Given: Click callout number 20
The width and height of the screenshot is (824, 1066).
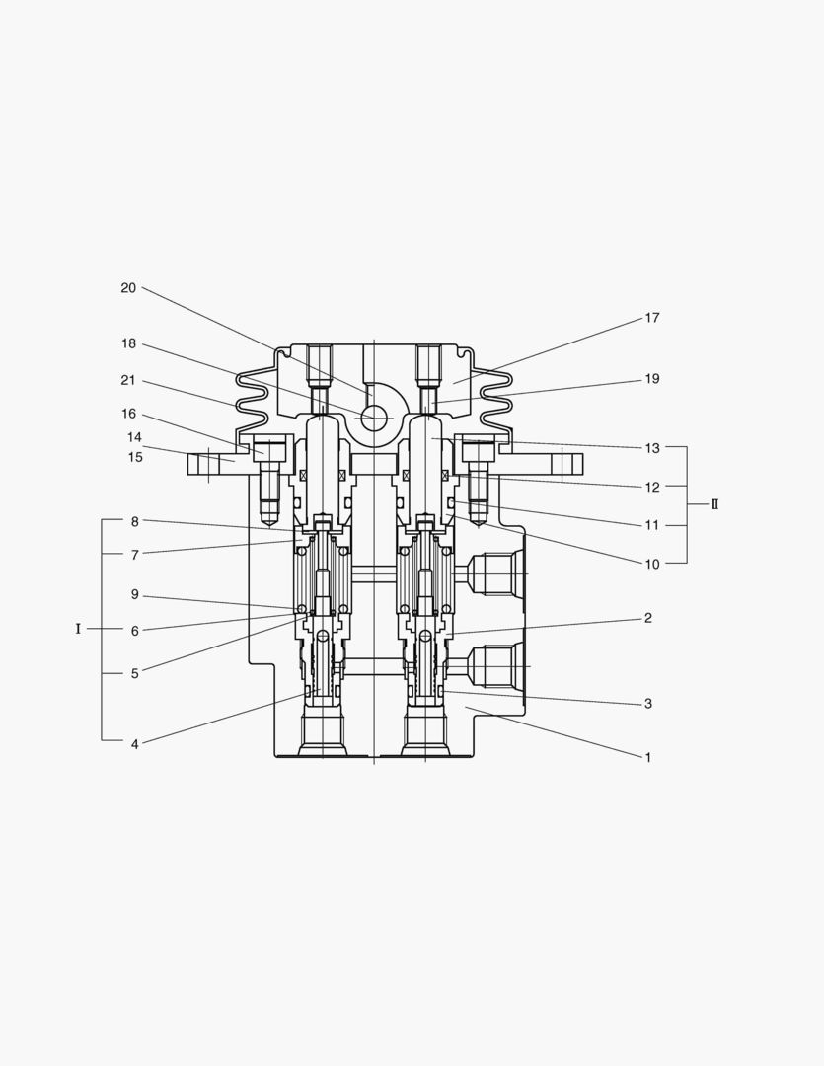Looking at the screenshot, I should [x=128, y=288].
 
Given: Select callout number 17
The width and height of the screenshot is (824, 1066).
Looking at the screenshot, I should [x=652, y=318].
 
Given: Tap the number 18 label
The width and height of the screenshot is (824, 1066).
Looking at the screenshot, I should [x=128, y=343].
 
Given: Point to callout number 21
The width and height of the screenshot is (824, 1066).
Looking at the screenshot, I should [x=128, y=380].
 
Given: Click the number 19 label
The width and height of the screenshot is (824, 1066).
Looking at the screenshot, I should [x=652, y=379].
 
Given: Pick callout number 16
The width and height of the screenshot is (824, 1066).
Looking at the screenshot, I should [x=128, y=414].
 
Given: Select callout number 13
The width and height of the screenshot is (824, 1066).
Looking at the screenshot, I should [x=652, y=448].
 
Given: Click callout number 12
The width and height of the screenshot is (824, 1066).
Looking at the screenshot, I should [x=652, y=487].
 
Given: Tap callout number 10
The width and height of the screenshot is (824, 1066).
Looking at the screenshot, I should [x=652, y=564].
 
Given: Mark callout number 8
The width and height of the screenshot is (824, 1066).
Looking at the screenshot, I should [x=134, y=520].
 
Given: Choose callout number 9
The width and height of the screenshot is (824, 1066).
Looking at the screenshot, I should [x=134, y=594].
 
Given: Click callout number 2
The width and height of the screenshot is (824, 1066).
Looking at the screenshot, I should [x=648, y=618].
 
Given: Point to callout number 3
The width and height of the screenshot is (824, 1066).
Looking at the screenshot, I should [x=648, y=704].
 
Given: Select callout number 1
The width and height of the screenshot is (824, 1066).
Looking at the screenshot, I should [x=648, y=758].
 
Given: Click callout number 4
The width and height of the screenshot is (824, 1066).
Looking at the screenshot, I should [x=134, y=744].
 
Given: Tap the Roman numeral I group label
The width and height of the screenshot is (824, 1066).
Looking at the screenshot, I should [x=78, y=629].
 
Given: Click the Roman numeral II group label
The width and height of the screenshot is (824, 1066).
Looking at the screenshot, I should [x=714, y=504].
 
